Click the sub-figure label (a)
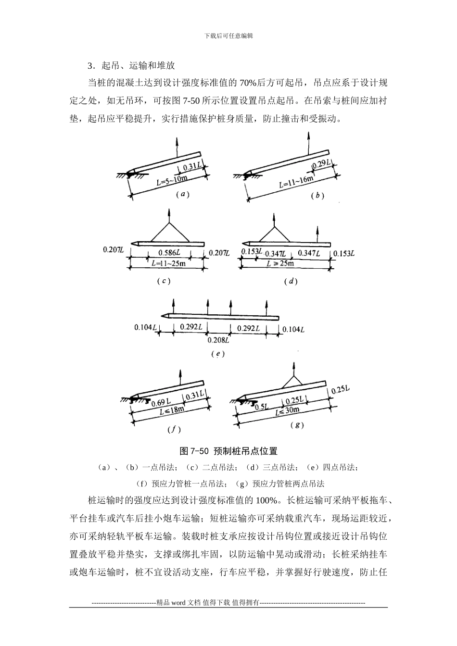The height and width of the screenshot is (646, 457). click(182, 195)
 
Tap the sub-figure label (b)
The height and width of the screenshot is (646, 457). click(317, 195)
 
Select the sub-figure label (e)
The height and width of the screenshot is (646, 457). click(218, 354)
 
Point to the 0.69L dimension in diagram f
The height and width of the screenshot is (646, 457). click(160, 402)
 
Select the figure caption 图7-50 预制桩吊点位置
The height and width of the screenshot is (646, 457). click(228, 451)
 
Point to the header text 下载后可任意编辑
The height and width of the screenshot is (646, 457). click(228, 36)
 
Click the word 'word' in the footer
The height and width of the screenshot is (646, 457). click(178, 603)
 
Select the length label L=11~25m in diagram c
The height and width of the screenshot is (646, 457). click(168, 264)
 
